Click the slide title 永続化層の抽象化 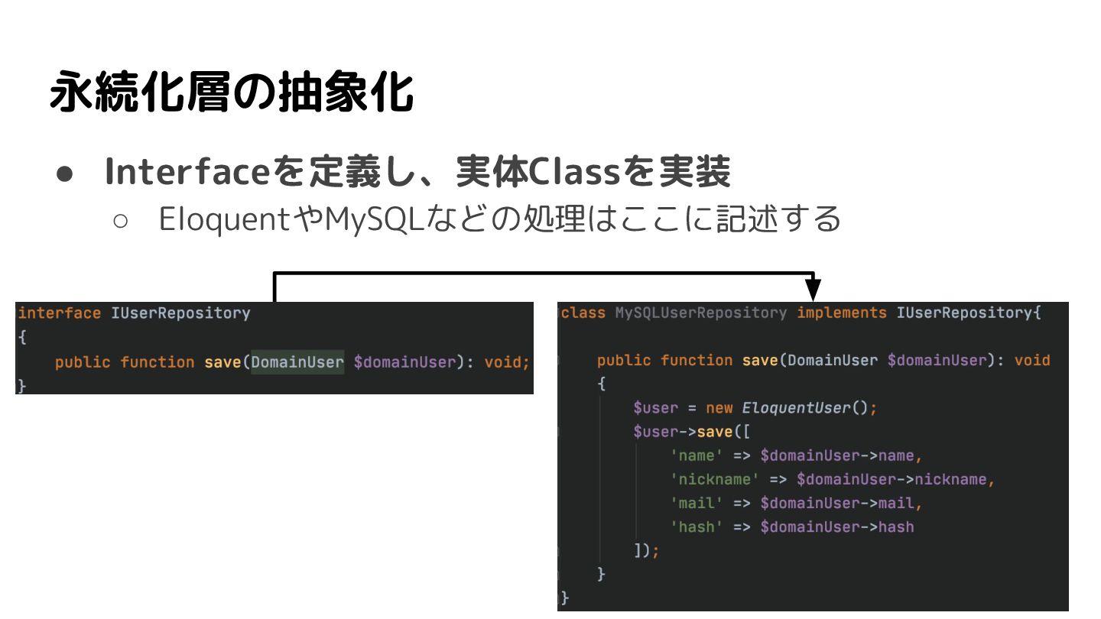point(231,93)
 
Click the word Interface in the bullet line point(188,173)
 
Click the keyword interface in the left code point(59,313)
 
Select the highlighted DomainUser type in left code point(297,362)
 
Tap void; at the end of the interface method point(507,362)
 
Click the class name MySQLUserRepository point(700,313)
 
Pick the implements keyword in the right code point(841,313)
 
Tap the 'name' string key point(697,456)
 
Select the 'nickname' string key point(714,480)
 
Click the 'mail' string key point(697,504)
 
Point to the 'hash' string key point(697,527)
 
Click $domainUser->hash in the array point(837,527)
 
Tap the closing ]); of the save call point(646,551)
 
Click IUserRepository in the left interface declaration point(180,313)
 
